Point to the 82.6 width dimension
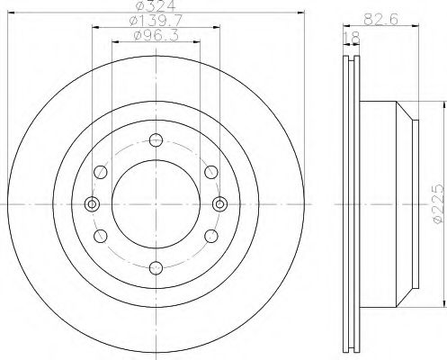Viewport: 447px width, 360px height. (x=381, y=18)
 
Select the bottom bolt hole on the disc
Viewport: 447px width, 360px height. (x=156, y=266)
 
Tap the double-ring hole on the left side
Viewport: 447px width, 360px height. (x=91, y=202)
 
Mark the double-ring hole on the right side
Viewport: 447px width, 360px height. (x=219, y=202)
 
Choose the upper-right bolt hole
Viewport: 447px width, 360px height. (x=210, y=171)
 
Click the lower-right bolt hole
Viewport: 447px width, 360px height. (x=210, y=235)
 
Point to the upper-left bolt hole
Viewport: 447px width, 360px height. (x=100, y=171)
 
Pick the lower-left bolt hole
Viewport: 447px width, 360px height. (x=100, y=235)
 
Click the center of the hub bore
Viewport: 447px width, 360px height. (x=156, y=202)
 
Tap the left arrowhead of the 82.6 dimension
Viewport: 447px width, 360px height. (x=345, y=24)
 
